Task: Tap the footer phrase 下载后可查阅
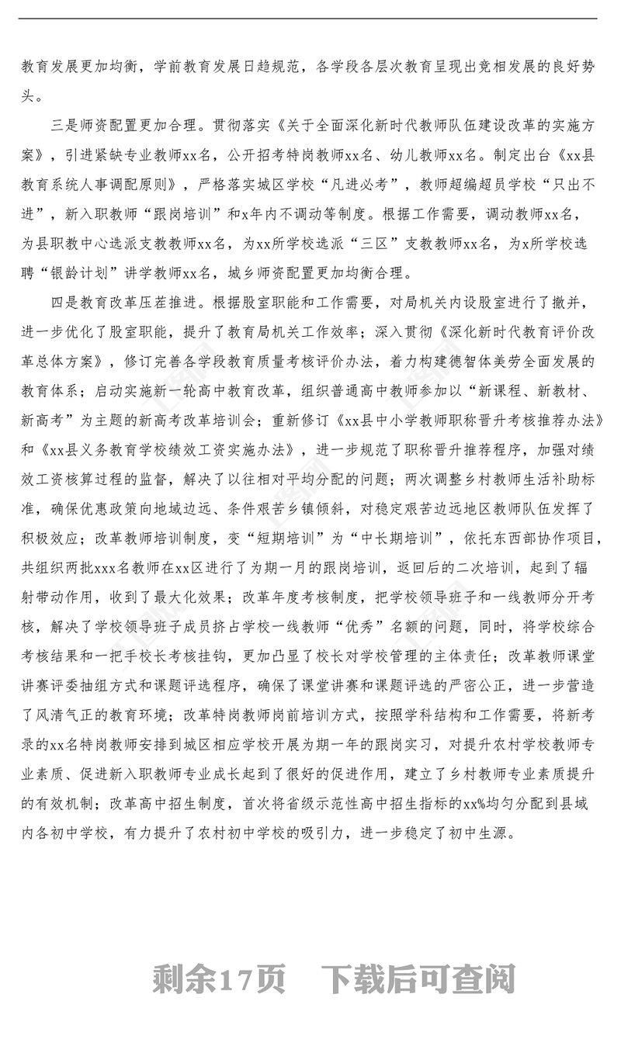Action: coord(420,980)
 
